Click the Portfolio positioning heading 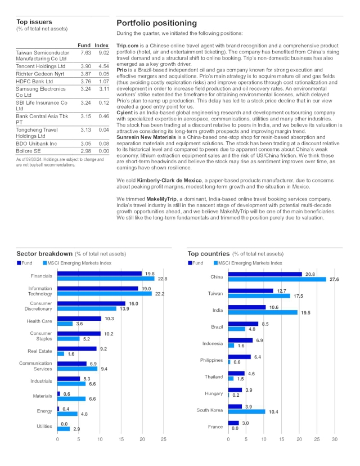(x=156, y=23)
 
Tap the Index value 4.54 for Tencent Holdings (x=103, y=66)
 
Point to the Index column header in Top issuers (x=101, y=45)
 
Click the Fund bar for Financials (x=99, y=274)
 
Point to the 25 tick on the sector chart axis (x=163, y=439)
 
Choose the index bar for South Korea (x=246, y=411)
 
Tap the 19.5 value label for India (x=305, y=312)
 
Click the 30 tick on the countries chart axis (x=335, y=439)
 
